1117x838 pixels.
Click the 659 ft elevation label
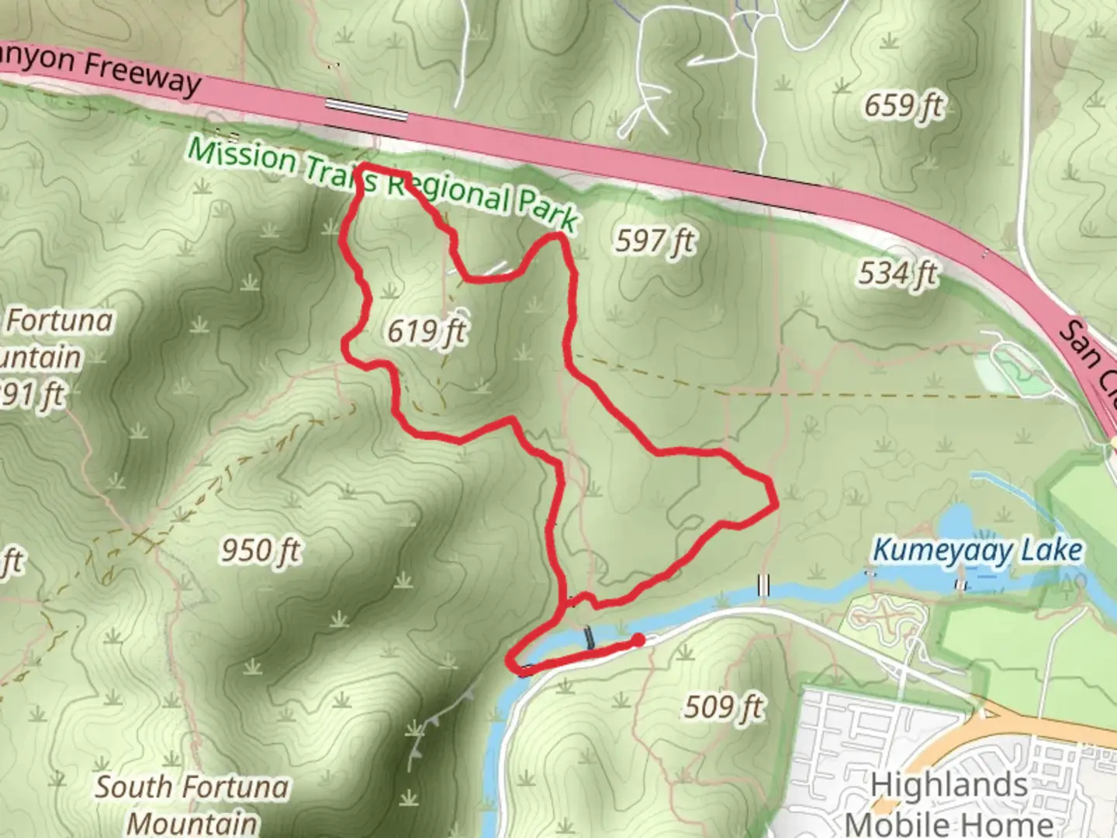pyautogui.click(x=904, y=105)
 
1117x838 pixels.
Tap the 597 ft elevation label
pyautogui.click(x=655, y=241)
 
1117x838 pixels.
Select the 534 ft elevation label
pyautogui.click(x=897, y=273)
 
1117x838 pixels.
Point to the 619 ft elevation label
pyautogui.click(x=427, y=332)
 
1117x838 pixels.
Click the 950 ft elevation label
pyautogui.click(x=261, y=551)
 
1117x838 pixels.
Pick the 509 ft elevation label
pyautogui.click(x=724, y=707)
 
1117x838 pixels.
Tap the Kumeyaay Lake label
pyautogui.click(x=977, y=551)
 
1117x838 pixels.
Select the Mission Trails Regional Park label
pyautogui.click(x=384, y=183)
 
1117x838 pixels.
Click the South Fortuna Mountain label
pyautogui.click(x=192, y=804)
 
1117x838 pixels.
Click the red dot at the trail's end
pyautogui.click(x=638, y=639)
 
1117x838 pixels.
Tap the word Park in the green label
pyautogui.click(x=548, y=209)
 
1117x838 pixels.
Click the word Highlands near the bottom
pyautogui.click(x=949, y=785)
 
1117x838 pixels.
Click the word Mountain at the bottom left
pyautogui.click(x=192, y=822)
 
